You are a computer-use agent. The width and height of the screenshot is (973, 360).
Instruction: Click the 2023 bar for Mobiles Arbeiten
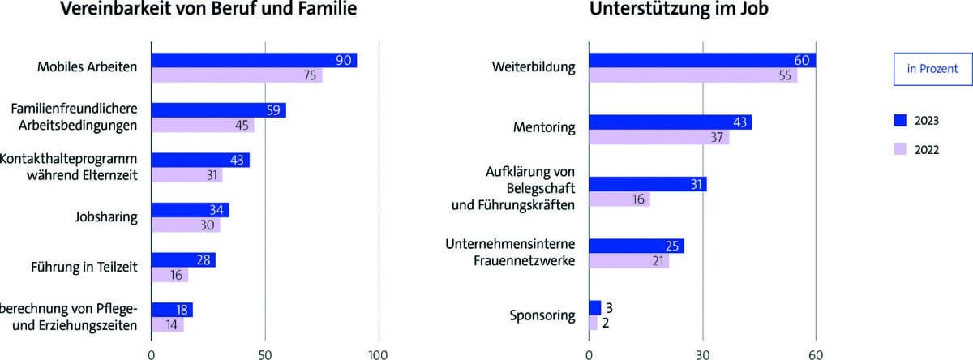pyautogui.click(x=254, y=61)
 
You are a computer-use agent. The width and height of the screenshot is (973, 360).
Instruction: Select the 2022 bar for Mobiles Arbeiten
pyautogui.click(x=237, y=75)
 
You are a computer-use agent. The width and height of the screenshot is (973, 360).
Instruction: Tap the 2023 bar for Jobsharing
pyautogui.click(x=190, y=210)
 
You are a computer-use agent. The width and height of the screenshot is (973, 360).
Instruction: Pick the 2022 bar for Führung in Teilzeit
pyautogui.click(x=169, y=275)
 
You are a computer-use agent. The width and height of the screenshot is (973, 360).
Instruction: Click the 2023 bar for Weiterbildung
pyautogui.click(x=702, y=61)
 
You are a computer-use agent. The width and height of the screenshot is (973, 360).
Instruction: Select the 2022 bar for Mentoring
pyautogui.click(x=658, y=137)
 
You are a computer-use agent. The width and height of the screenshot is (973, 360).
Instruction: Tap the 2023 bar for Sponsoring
pyautogui.click(x=594, y=307)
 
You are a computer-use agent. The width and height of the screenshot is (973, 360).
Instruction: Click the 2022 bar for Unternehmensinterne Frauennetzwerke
pyautogui.click(x=628, y=260)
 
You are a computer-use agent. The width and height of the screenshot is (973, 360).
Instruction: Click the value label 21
pyautogui.click(x=658, y=260)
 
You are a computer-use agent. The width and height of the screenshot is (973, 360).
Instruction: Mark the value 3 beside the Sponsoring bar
pyautogui.click(x=608, y=307)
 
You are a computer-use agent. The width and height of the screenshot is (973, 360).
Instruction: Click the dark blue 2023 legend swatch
pyautogui.click(x=899, y=121)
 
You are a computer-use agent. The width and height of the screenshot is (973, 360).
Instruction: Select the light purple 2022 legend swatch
pyautogui.click(x=899, y=150)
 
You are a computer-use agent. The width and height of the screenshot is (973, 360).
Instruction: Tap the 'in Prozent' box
pyautogui.click(x=932, y=69)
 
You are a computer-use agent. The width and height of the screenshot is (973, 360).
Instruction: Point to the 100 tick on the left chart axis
pyautogui.click(x=378, y=354)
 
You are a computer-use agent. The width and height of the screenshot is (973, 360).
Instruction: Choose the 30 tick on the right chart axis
pyautogui.click(x=702, y=354)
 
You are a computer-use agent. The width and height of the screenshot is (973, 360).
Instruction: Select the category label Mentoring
pyautogui.click(x=544, y=128)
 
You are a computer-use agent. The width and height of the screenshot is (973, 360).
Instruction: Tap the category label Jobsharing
pyautogui.click(x=105, y=217)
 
